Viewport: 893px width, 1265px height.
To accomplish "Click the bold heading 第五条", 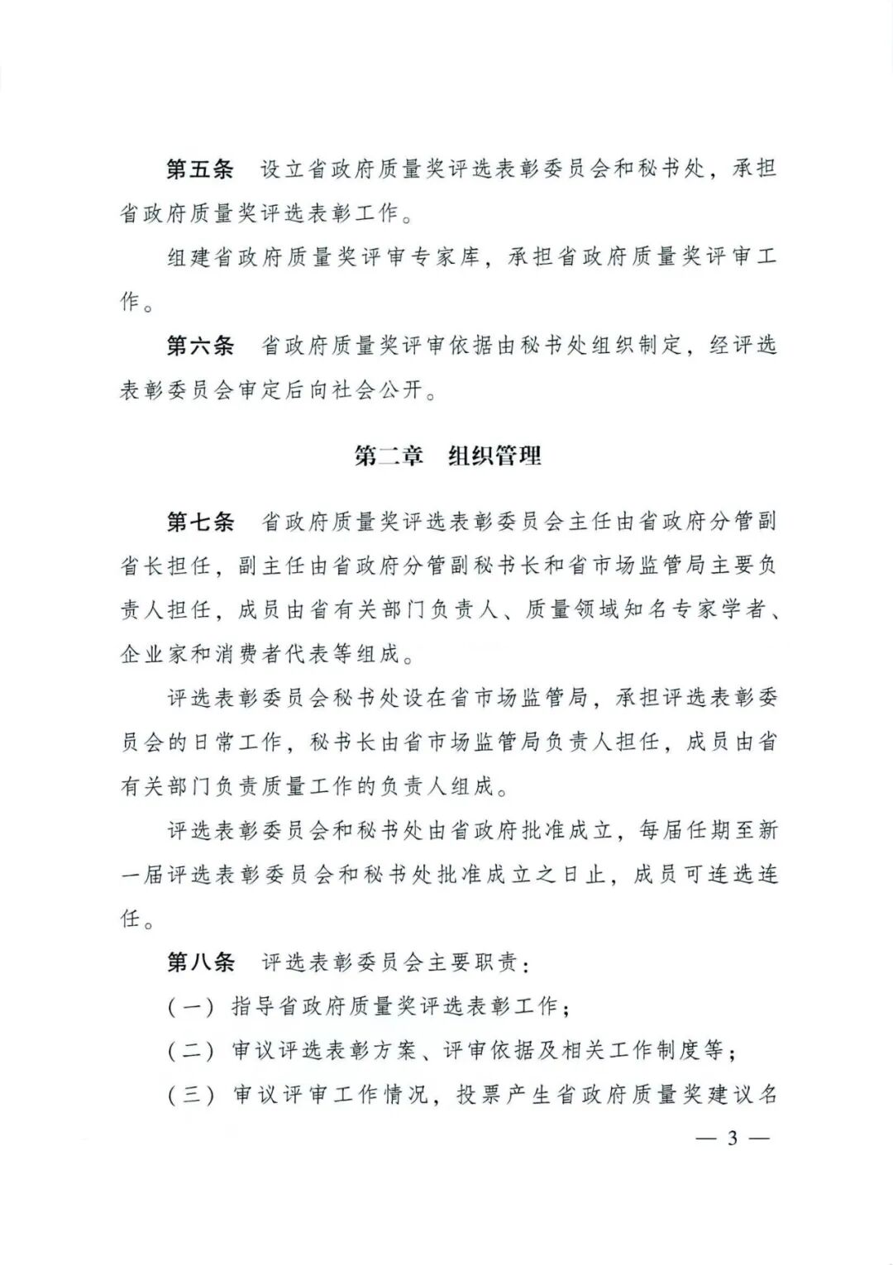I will pyautogui.click(x=200, y=169).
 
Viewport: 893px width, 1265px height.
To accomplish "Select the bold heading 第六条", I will pyautogui.click(x=200, y=346).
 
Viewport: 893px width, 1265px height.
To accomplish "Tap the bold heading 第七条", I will pyautogui.click(x=200, y=522).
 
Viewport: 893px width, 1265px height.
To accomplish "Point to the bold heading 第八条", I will pyautogui.click(x=200, y=962).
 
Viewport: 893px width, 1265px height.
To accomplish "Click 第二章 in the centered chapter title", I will pyautogui.click(x=389, y=456).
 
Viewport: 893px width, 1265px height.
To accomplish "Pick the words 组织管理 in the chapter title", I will pyautogui.click(x=494, y=456).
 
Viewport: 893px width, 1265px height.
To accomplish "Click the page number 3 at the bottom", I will pyautogui.click(x=731, y=1138).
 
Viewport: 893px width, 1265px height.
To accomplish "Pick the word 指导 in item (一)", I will pyautogui.click(x=253, y=1007).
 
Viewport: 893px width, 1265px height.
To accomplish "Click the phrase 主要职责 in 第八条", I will pyautogui.click(x=471, y=962).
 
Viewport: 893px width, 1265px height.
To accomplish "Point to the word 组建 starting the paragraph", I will pyautogui.click(x=190, y=258).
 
